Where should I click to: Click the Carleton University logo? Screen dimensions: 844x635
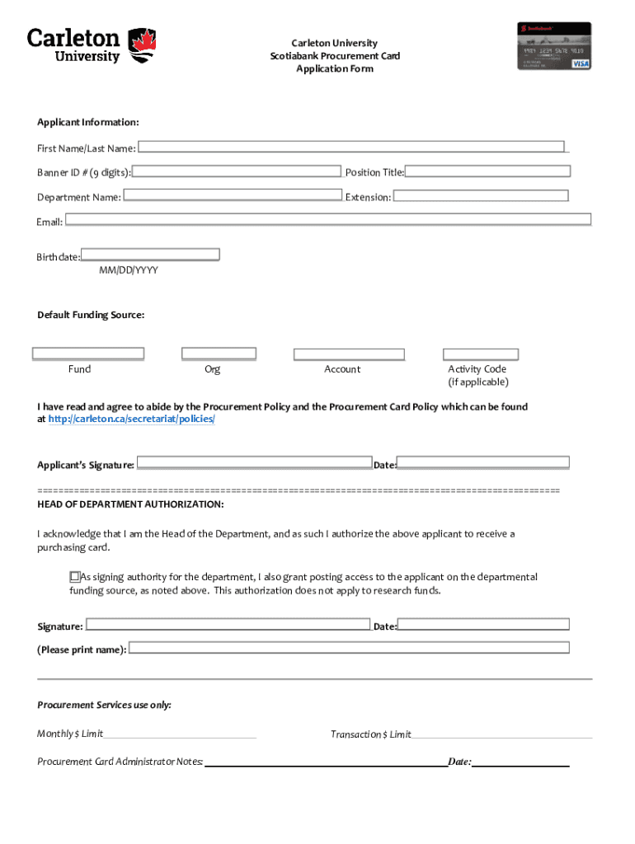click(91, 45)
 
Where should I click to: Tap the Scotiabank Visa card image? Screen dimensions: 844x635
click(554, 45)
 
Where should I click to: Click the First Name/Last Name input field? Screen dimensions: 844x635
click(352, 147)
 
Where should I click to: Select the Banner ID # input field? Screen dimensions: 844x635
click(237, 171)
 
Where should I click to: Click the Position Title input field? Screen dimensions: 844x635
click(487, 171)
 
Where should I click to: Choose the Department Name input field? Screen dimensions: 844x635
click(232, 196)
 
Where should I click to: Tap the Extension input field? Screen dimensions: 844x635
click(480, 196)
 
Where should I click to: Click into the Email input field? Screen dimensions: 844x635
click(328, 220)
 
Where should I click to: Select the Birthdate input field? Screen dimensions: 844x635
click(150, 255)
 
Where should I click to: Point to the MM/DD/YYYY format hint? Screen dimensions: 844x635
click(129, 270)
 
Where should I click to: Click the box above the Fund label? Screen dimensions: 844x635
click(88, 354)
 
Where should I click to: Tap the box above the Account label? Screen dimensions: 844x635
click(349, 354)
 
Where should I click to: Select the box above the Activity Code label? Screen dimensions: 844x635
click(481, 354)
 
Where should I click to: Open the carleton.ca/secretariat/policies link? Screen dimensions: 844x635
click(131, 420)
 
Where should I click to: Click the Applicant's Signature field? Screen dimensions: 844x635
click(254, 463)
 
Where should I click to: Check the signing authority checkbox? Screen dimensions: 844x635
click(74, 577)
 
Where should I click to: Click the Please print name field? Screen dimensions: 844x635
click(349, 648)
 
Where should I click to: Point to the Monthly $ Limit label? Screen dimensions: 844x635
click(70, 734)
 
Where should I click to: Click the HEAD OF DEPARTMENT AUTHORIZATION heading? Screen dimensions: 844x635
click(130, 504)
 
